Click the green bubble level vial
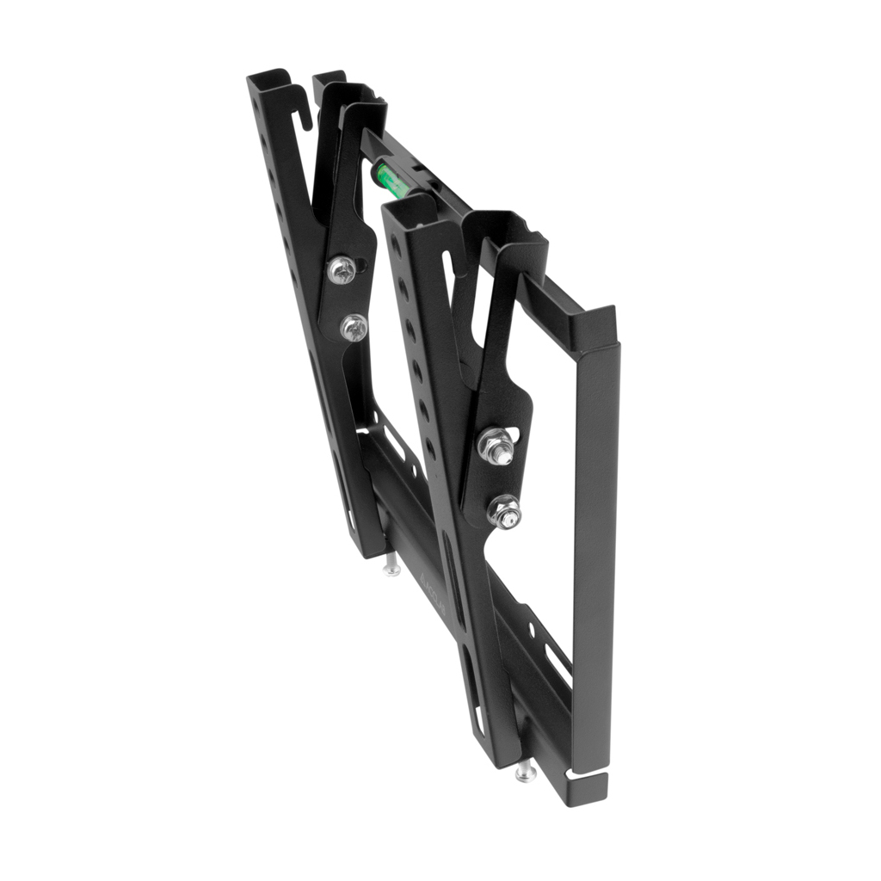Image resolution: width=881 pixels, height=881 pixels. (x=388, y=180)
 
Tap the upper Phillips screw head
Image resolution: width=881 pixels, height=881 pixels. (x=342, y=270)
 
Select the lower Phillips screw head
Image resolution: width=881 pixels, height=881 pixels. (x=353, y=326)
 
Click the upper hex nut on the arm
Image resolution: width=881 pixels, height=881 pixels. (x=496, y=446)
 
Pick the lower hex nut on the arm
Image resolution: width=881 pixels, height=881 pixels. (x=504, y=513)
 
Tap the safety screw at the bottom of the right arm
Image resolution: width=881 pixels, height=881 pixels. (x=526, y=772)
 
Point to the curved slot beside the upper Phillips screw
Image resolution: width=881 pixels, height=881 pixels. (x=366, y=266)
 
